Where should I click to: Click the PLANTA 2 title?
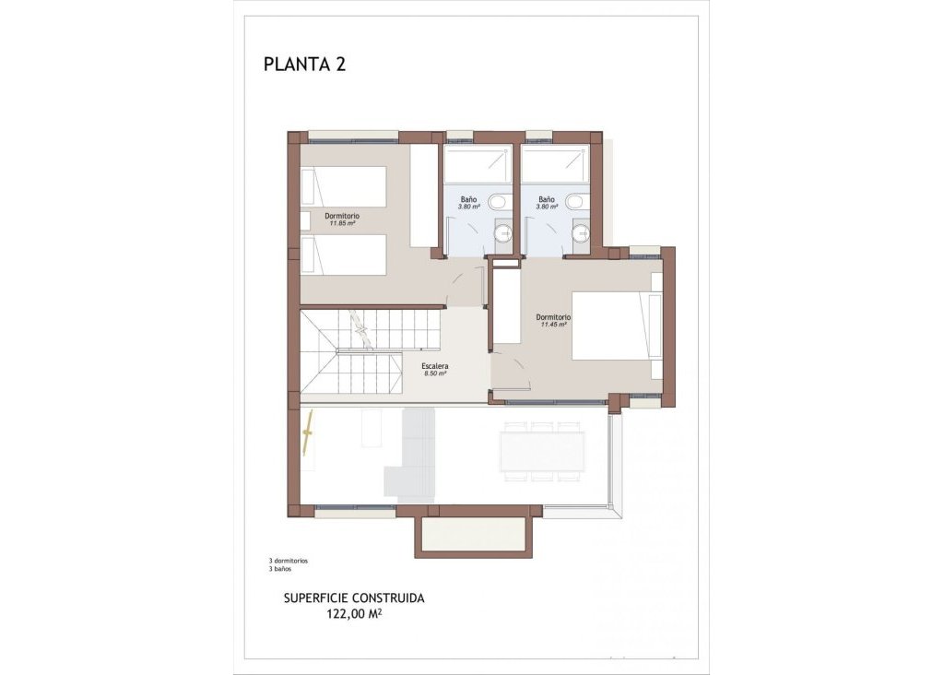click(304, 65)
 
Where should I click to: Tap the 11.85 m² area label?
click(340, 223)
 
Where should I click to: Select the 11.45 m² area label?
click(553, 325)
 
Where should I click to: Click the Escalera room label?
click(435, 365)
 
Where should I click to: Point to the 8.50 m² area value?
click(435, 373)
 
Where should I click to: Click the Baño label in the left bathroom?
click(469, 198)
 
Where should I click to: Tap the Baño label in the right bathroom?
click(547, 198)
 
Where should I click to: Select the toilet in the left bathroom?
click(499, 201)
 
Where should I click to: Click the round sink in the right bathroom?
click(581, 234)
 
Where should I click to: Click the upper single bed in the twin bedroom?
click(344, 187)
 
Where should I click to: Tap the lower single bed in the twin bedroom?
click(344, 255)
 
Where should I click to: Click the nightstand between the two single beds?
click(306, 221)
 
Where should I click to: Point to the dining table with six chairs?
click(542, 452)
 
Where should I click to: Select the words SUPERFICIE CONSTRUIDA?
click(353, 598)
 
